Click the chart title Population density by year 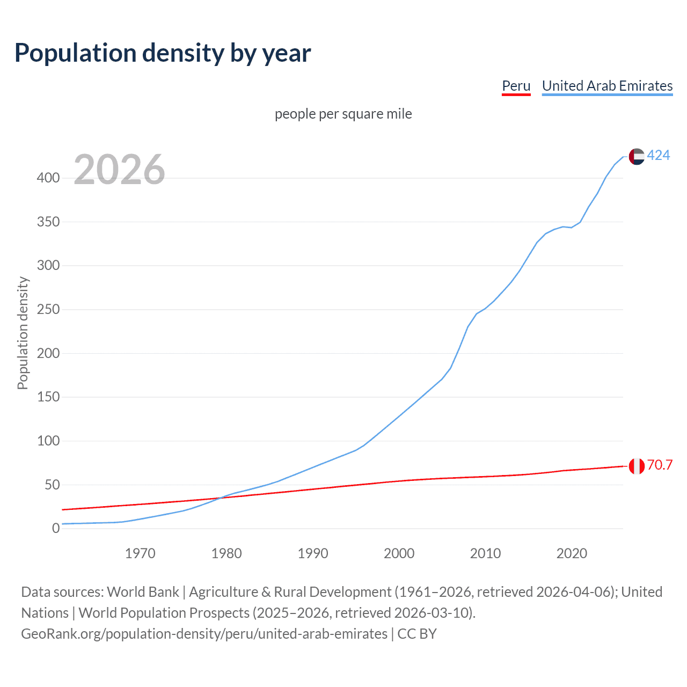pyautogui.click(x=163, y=53)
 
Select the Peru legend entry pyautogui.click(x=516, y=86)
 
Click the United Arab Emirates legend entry pyautogui.click(x=607, y=86)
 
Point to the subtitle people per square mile pyautogui.click(x=343, y=114)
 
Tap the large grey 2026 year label pyautogui.click(x=119, y=170)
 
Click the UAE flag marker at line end pyautogui.click(x=637, y=156)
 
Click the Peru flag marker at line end pyautogui.click(x=637, y=466)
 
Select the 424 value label pyautogui.click(x=659, y=156)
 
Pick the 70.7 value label pyautogui.click(x=660, y=465)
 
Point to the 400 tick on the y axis pyautogui.click(x=48, y=178)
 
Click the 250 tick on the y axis pyautogui.click(x=48, y=310)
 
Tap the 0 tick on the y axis pyautogui.click(x=56, y=529)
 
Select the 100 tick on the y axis pyautogui.click(x=48, y=441)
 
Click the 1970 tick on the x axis pyautogui.click(x=140, y=553)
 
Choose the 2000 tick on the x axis pyautogui.click(x=399, y=553)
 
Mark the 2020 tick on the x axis pyautogui.click(x=572, y=553)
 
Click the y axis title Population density pyautogui.click(x=23, y=333)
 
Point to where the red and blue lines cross pyautogui.click(x=220, y=498)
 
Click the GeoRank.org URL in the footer pyautogui.click(x=204, y=634)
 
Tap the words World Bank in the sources pyautogui.click(x=143, y=592)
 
